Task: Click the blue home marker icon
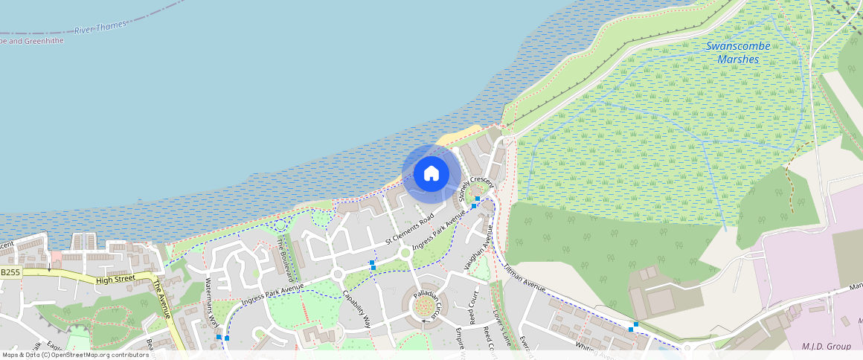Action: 431,174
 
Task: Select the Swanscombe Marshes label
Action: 738,52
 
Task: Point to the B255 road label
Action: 10,273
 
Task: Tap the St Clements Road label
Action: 409,231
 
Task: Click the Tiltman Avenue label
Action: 524,278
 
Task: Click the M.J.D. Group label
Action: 827,346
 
